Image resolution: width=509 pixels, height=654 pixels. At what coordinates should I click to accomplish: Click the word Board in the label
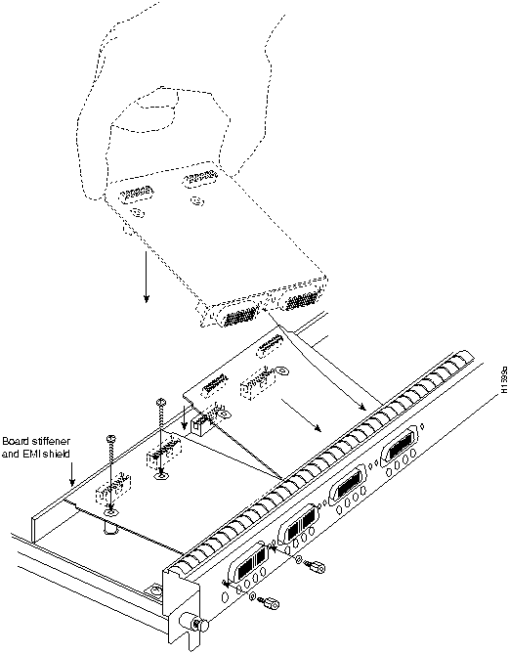pos(14,441)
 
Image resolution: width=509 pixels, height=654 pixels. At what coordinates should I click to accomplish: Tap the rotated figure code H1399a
pos(504,380)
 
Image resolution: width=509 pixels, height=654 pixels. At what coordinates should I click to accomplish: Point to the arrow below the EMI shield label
pos(72,474)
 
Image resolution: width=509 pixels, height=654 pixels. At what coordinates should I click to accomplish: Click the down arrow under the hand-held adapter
pos(146,277)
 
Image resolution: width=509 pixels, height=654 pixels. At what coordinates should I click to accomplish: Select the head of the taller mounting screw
pos(160,402)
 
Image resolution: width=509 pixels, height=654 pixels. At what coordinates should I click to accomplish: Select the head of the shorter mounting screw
pos(111,438)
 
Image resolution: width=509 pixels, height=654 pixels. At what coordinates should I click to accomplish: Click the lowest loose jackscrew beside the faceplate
pos(272,603)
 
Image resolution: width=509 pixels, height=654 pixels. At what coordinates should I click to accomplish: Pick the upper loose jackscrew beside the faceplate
pos(317,566)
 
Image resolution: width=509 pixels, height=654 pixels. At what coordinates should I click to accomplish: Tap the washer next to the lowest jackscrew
pos(253,597)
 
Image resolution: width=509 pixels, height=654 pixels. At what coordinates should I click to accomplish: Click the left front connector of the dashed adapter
pos(237,314)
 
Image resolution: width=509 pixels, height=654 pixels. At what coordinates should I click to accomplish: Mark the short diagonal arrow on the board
pos(301,415)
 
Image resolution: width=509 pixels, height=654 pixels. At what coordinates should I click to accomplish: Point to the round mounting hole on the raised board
pos(282,370)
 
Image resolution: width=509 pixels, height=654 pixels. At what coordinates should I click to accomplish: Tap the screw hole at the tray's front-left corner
pos(154,589)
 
